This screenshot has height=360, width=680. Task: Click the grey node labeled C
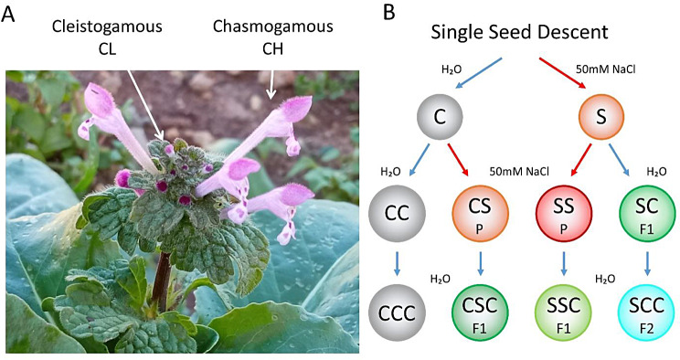pos(440,117)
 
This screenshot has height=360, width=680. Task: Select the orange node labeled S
pos(601,117)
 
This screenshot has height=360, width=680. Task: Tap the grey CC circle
pos(397,213)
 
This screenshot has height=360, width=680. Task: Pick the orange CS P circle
pos(480,213)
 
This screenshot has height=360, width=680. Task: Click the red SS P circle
pos(564,213)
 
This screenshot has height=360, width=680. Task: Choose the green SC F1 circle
pos(646,213)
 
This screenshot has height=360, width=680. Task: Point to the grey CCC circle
pos(397,312)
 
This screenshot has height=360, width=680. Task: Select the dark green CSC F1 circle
pos(480,312)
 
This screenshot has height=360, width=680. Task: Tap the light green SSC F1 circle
pos(564,312)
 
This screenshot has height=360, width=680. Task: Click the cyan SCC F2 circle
pos(646,312)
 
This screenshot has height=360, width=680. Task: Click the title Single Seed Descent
pos(519,33)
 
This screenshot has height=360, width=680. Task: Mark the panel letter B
pos(389,13)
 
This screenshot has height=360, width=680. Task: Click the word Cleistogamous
pos(107,26)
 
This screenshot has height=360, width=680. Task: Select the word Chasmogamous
pos(272,26)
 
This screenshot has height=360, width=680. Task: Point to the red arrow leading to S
pos(563,73)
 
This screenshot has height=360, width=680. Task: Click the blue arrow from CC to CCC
pos(397,263)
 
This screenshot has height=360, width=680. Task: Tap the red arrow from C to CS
pos(459,160)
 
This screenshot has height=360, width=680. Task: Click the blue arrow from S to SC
pos(620,160)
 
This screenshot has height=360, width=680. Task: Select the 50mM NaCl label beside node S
pos(605,69)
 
